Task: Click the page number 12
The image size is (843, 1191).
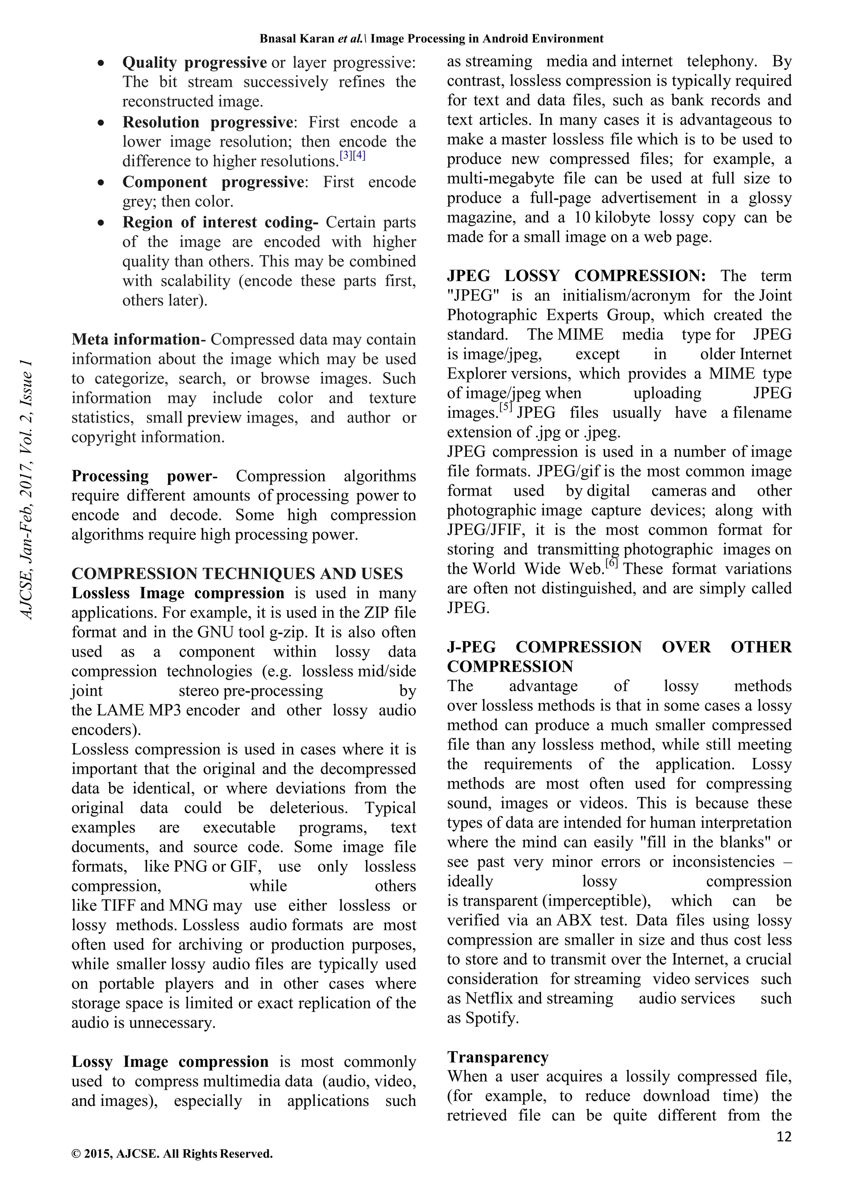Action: click(784, 1137)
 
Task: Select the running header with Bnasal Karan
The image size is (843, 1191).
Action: click(431, 38)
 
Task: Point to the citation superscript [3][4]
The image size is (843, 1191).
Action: click(352, 155)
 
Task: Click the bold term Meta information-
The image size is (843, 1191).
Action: click(139, 339)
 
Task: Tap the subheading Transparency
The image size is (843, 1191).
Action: click(498, 1057)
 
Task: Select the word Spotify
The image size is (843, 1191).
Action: click(491, 1018)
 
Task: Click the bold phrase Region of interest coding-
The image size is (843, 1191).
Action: click(220, 222)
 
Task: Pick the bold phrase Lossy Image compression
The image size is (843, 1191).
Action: click(170, 1062)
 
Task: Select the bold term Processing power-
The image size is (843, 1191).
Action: click(144, 476)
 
